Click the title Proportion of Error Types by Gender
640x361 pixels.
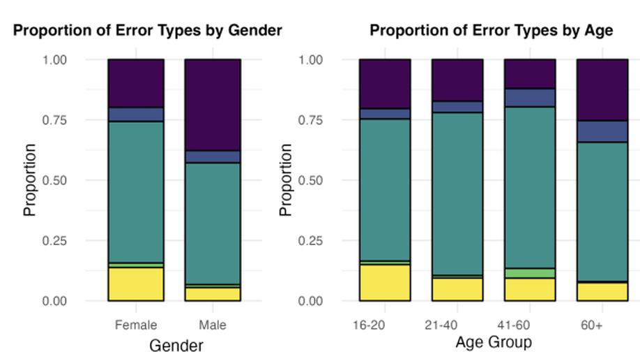pyautogui.click(x=147, y=31)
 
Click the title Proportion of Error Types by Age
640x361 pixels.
pyautogui.click(x=491, y=31)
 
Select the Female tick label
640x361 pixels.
pyautogui.click(x=136, y=325)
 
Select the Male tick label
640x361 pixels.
pyautogui.click(x=212, y=325)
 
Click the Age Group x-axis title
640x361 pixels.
pyautogui.click(x=494, y=343)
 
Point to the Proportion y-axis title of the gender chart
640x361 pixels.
pyautogui.click(x=30, y=180)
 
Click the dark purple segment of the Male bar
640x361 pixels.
pyautogui.click(x=213, y=105)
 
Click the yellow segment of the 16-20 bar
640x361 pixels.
pyautogui.click(x=385, y=282)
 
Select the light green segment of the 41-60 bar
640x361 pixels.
pyautogui.click(x=530, y=273)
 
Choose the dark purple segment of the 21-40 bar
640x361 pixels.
pyautogui.click(x=457, y=80)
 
